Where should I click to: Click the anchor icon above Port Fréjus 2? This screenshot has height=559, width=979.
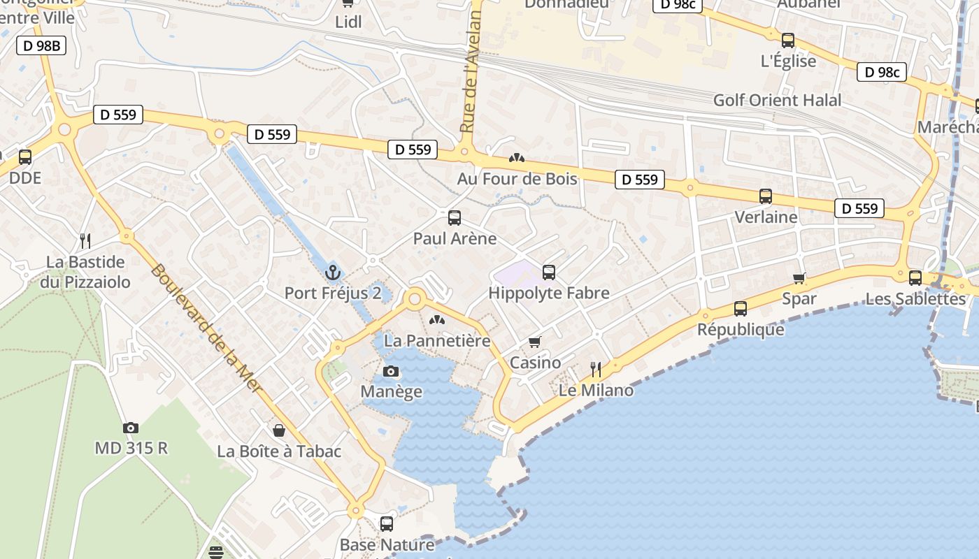pos(333,273)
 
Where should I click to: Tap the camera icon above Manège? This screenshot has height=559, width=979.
pos(391,371)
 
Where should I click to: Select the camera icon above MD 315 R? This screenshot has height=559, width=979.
pos(131,428)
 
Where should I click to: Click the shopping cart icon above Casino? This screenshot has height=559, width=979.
pos(535,342)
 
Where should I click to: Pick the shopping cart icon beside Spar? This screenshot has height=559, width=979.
pos(799,278)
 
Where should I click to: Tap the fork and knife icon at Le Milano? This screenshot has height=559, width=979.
pos(596,369)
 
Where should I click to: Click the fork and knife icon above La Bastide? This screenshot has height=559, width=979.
pos(85,241)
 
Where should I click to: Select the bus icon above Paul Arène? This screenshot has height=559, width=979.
pos(455,217)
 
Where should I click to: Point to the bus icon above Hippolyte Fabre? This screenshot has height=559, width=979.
pos(549,273)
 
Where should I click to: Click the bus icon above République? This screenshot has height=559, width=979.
pos(741,308)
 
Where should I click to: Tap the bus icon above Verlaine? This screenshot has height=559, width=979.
pos(766,196)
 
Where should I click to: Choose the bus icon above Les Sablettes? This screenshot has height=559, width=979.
pos(915,278)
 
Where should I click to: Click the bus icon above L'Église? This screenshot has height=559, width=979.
pos(788,41)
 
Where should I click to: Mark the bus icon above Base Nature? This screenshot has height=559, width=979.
pos(387,523)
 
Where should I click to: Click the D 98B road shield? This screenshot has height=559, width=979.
pos(41,46)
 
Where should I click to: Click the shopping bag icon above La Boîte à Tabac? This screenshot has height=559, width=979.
pos(279,430)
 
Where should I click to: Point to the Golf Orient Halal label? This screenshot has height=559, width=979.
pos(777,100)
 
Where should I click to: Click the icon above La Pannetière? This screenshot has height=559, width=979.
pos(437,321)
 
